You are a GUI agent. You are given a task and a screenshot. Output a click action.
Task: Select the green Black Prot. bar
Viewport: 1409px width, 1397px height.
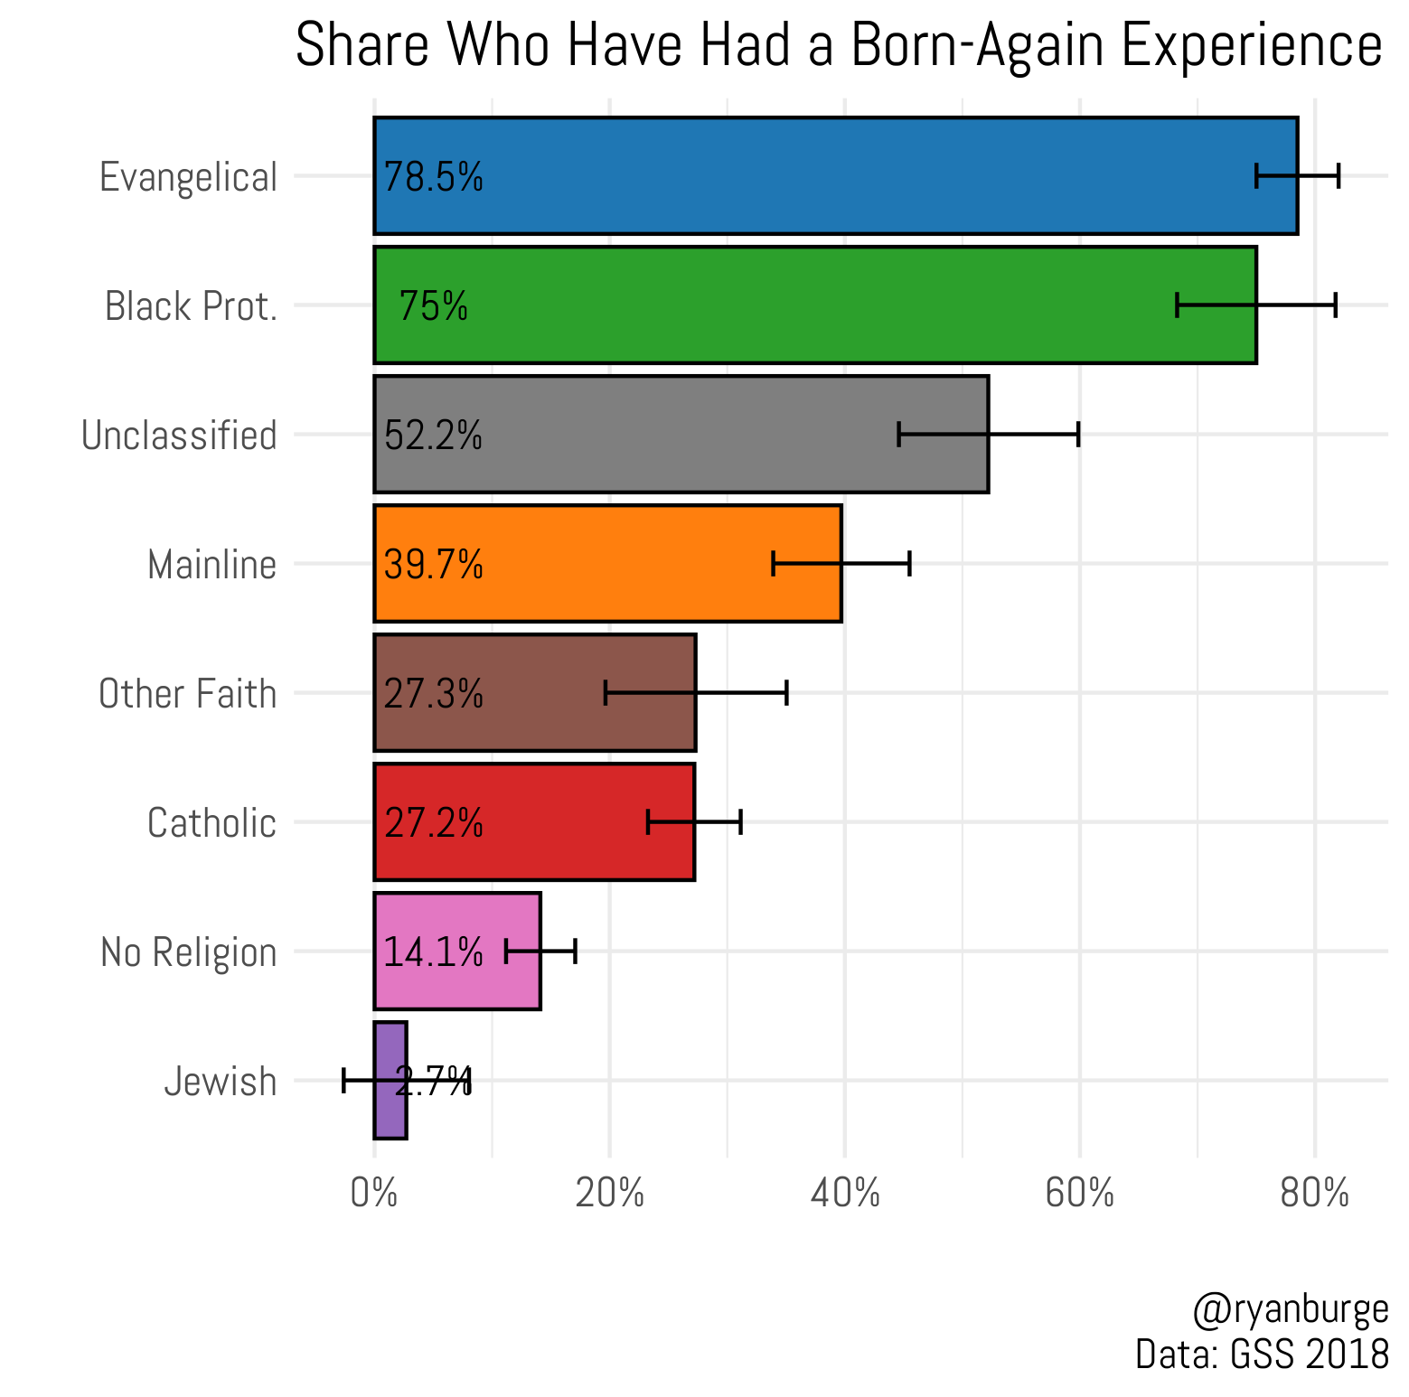[x=813, y=305]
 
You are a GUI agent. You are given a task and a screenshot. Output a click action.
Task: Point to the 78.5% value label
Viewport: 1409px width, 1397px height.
[x=434, y=177]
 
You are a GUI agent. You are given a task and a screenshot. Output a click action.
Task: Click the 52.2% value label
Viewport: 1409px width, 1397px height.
[x=434, y=436]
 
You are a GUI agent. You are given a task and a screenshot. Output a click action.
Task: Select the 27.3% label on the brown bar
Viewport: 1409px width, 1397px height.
[x=434, y=694]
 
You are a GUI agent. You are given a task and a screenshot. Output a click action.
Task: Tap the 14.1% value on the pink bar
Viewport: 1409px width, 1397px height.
[x=434, y=952]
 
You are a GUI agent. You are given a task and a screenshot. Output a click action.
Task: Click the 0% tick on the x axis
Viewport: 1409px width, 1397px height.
[x=374, y=1194]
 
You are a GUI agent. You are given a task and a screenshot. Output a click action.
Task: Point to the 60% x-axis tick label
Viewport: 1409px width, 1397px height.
[x=1079, y=1194]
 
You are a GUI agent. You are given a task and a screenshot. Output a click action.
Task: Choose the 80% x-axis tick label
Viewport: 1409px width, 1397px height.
[x=1315, y=1194]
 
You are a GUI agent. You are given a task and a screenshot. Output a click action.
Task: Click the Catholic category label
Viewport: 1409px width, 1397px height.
[x=211, y=823]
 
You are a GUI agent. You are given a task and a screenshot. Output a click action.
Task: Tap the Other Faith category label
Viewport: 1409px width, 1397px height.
[x=187, y=694]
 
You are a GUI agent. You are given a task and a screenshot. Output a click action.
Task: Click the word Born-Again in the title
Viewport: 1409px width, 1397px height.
[x=977, y=45]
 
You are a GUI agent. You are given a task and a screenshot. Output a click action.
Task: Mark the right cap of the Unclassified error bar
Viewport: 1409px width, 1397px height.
[x=1078, y=435]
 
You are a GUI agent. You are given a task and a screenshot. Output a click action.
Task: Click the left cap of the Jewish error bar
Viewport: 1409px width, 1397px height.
[x=344, y=1080]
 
